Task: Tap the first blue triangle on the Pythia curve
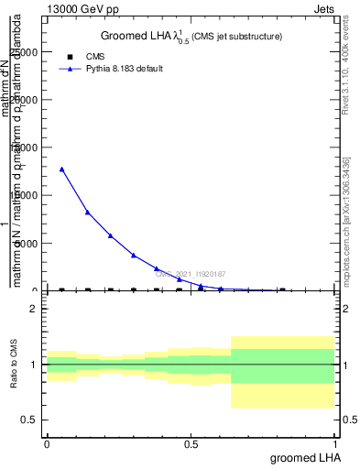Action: point(61,169)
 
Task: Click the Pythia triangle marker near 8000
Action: point(87,212)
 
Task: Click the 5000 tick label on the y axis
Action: point(28,243)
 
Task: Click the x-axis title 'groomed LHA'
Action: point(304,457)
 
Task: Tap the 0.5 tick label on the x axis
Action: point(191,443)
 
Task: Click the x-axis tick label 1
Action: point(336,443)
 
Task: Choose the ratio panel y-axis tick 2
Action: point(33,309)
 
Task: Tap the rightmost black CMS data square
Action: point(281,290)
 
